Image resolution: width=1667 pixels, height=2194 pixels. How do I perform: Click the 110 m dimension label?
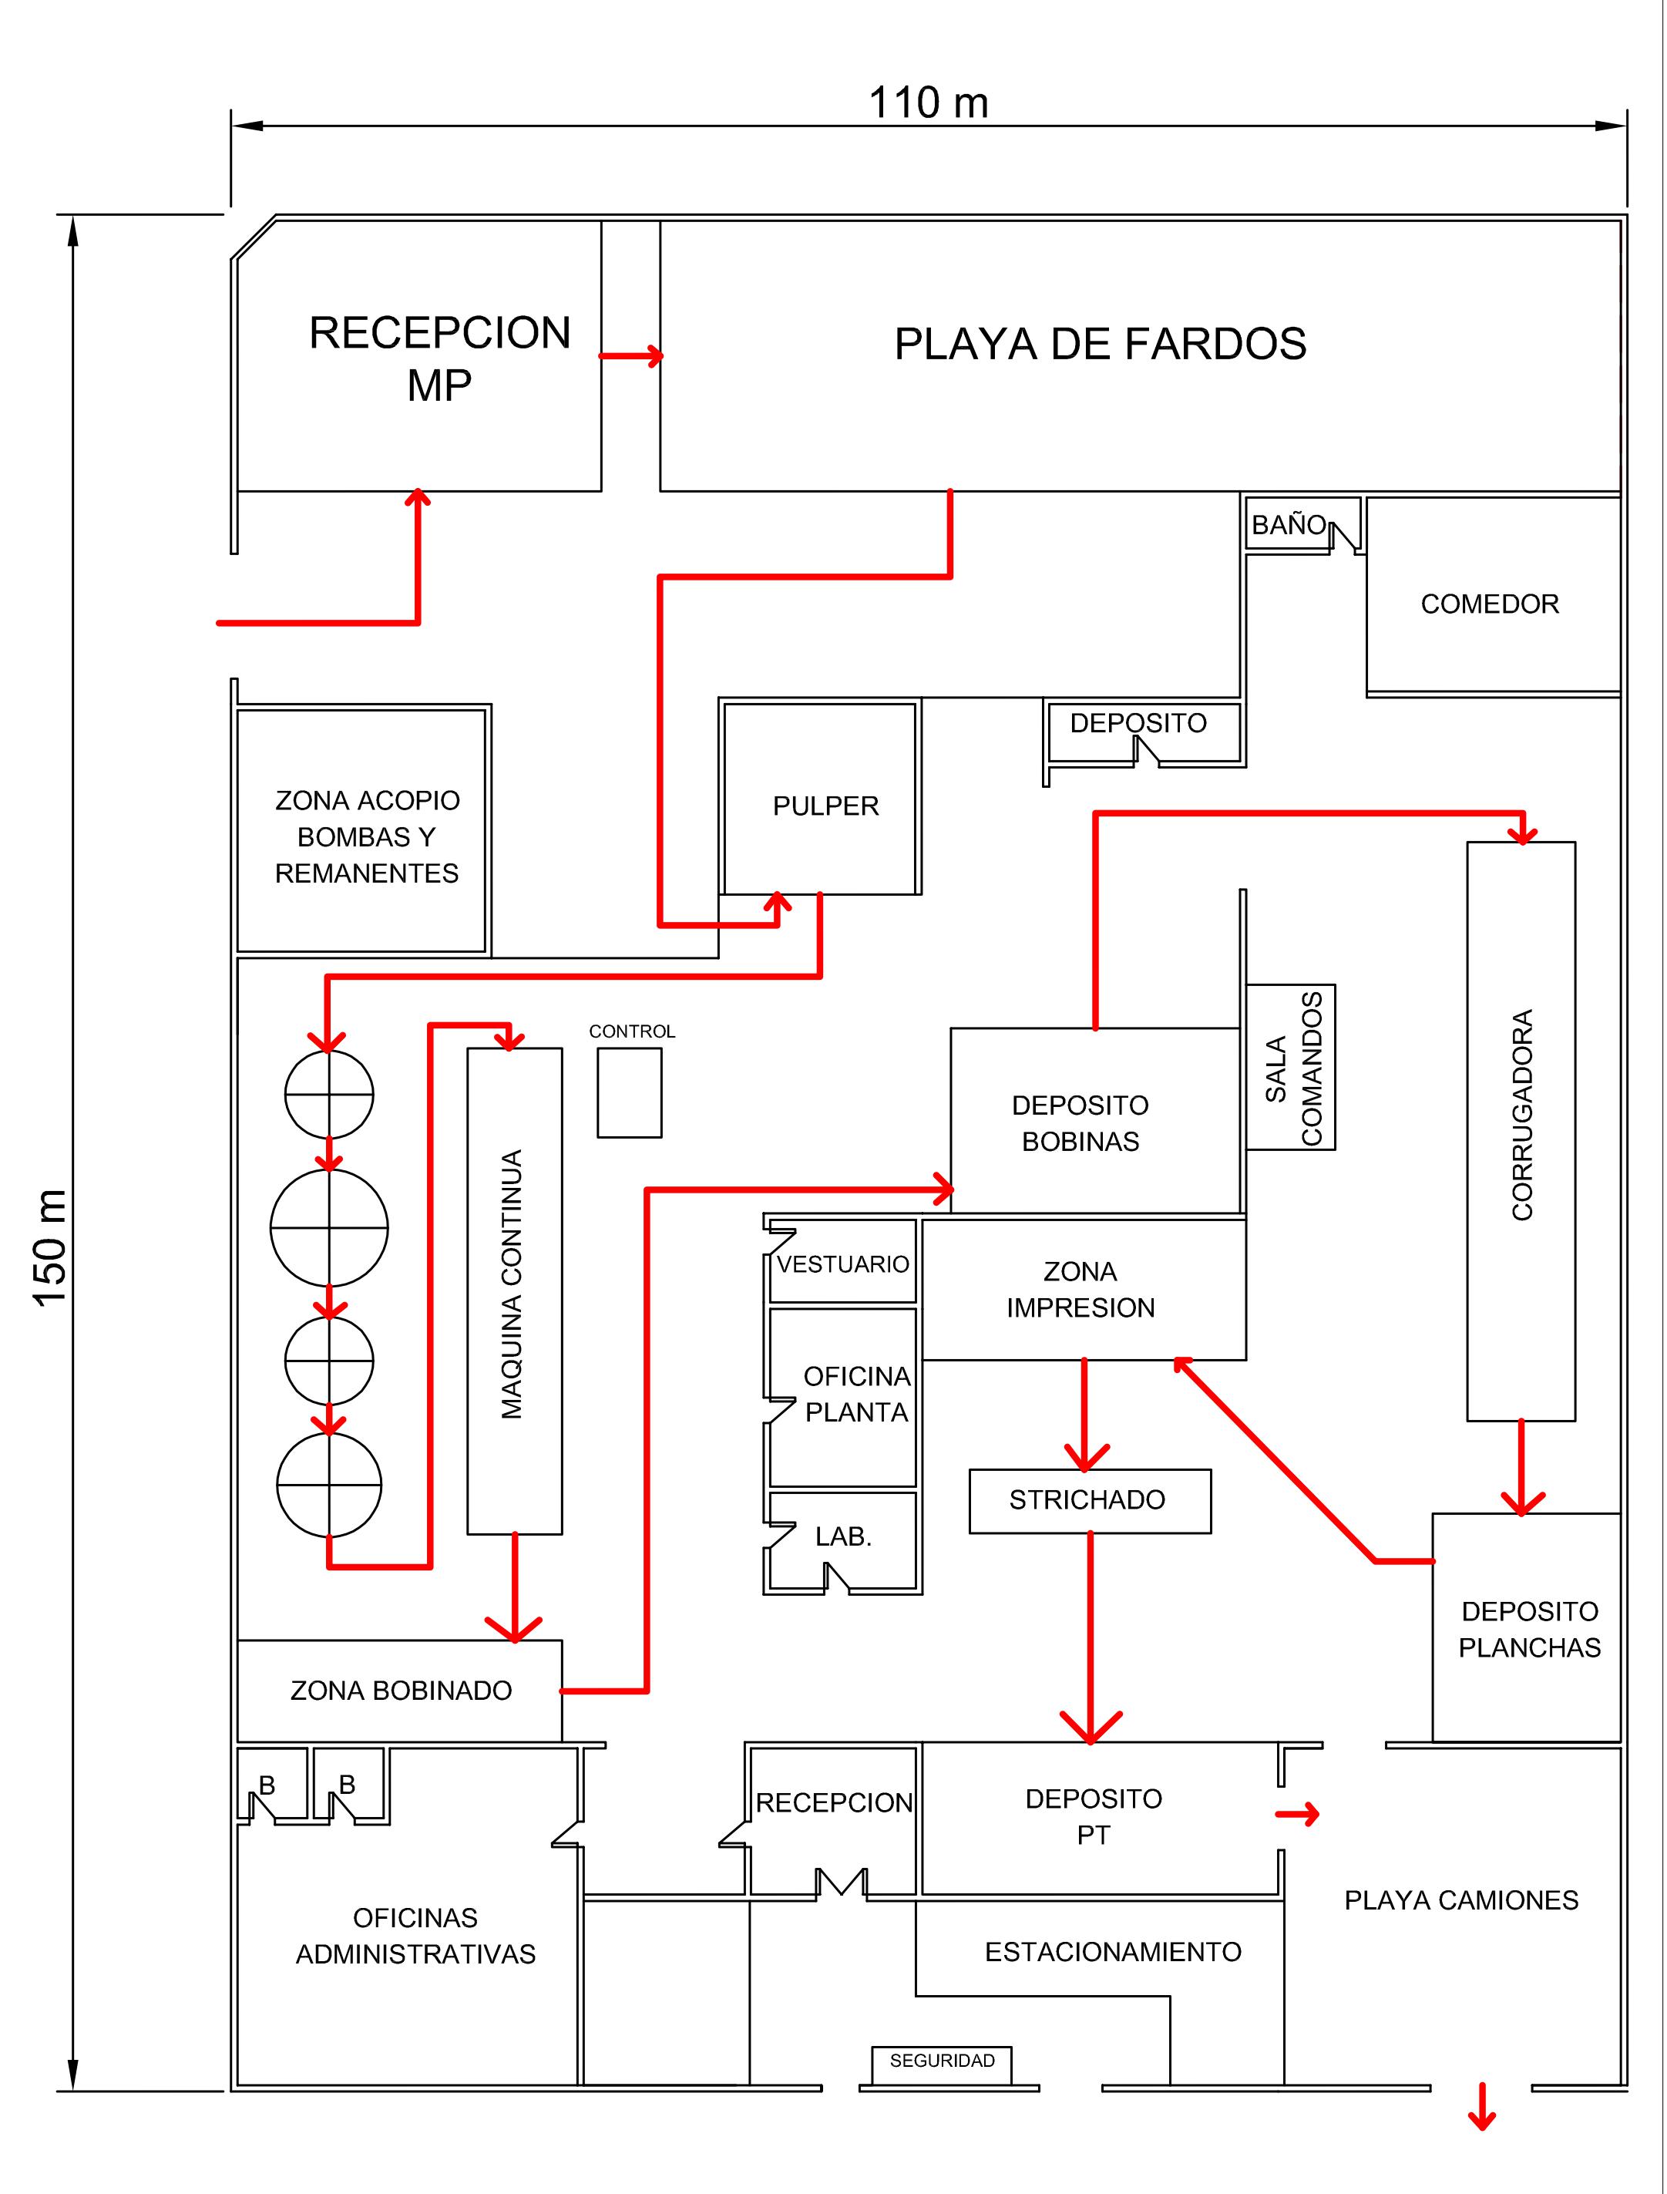[928, 103]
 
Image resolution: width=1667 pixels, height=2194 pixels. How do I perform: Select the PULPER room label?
[825, 806]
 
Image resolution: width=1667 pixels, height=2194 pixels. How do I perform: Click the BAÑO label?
[1288, 525]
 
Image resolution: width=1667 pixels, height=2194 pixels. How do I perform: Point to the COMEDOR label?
[1490, 604]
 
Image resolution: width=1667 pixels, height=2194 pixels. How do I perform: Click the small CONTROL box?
[629, 1092]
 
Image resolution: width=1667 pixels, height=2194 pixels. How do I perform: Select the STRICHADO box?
[1088, 1500]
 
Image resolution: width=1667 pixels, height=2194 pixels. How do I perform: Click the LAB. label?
[843, 1537]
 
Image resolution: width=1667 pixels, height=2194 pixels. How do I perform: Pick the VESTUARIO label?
[842, 1264]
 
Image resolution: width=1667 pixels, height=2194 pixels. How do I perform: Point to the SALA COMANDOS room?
[1291, 1068]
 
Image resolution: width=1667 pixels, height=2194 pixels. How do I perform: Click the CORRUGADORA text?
[1522, 1115]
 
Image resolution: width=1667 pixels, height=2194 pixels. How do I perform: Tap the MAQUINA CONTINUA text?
[512, 1284]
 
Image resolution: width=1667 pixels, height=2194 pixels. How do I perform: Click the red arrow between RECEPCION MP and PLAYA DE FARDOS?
[631, 355]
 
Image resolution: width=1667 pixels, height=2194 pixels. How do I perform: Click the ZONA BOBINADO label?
[401, 1691]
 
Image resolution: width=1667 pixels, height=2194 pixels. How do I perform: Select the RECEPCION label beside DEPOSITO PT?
[834, 1803]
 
